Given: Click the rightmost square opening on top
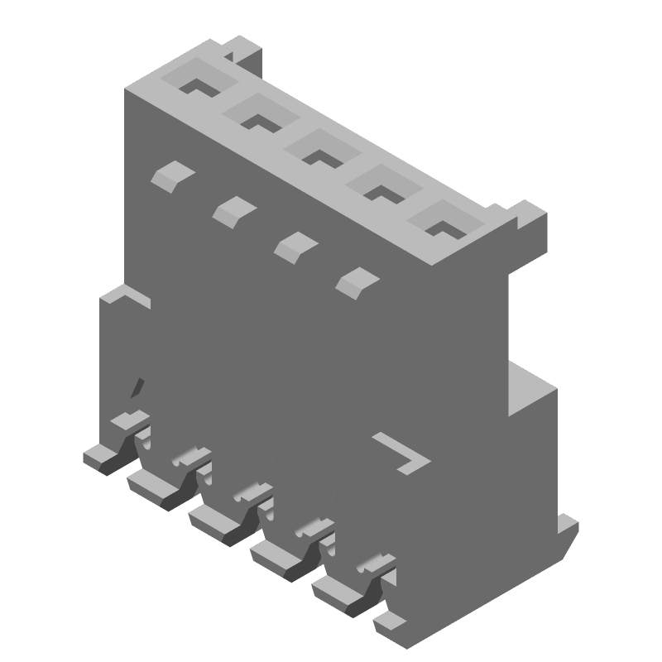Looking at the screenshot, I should click(x=445, y=224).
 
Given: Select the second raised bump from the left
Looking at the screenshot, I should click(x=234, y=210).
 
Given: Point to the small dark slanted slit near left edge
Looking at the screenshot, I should click(x=138, y=387).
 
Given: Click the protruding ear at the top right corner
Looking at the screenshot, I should click(x=527, y=217).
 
